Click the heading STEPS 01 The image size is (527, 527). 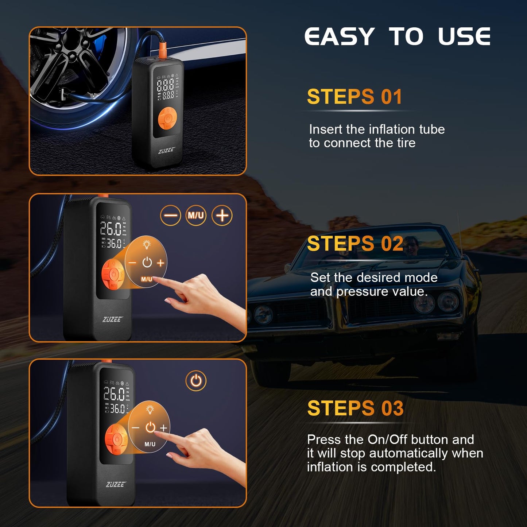pos(354,97)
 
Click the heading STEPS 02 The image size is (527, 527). pos(355,244)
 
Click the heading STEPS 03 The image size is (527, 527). pos(355,408)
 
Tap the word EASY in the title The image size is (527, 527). pos(340,37)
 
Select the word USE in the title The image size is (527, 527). pos(464,37)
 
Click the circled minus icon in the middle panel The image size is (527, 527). pos(170,215)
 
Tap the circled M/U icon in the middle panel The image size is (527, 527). pos(196,215)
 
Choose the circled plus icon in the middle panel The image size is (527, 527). pos(222,215)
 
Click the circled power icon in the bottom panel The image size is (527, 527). pos(196,381)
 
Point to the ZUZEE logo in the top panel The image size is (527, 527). pos(167,150)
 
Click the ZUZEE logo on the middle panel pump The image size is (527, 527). pos(112,319)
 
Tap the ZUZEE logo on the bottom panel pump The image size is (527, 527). pos(116,484)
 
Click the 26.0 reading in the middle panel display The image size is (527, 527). pos(111,229)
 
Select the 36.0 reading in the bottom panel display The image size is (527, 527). pos(117,409)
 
